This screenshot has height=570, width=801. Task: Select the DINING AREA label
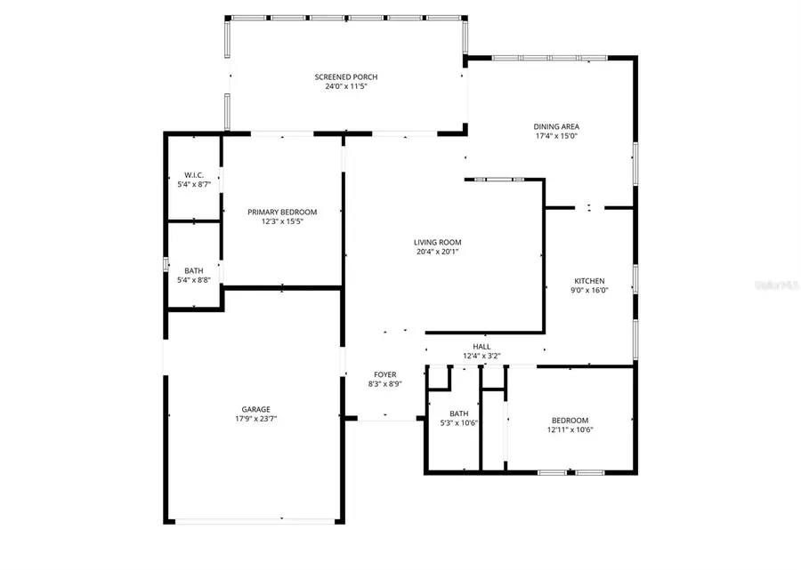pos(557,126)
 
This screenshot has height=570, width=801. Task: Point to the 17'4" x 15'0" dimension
pos(557,136)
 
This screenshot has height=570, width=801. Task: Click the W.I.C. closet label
pos(194,175)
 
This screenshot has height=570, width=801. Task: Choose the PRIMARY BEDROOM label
pos(282,212)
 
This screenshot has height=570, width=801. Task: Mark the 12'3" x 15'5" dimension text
pos(282,221)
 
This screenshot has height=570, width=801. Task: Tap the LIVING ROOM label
pos(437,242)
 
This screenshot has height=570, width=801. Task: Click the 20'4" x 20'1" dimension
pos(437,252)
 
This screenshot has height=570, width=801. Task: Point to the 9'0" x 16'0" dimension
pos(589,290)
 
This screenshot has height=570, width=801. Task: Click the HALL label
pos(481,347)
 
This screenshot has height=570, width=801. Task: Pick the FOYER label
pos(384,374)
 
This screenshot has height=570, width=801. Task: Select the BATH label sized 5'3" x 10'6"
pos(458,413)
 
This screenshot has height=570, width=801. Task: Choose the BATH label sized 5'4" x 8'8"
pos(193,270)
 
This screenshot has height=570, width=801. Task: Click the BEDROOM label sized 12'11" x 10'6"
pos(569,421)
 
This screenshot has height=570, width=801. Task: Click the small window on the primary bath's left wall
pos(165,264)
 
